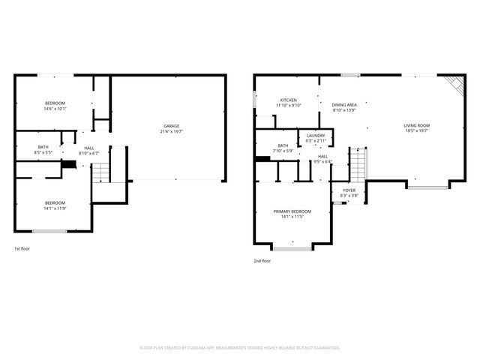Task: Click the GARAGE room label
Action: (172, 125)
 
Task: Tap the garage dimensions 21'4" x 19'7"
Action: (172, 131)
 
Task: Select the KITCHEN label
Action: (289, 100)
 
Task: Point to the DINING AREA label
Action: (343, 104)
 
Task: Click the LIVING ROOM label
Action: (417, 125)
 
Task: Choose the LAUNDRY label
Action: (316, 135)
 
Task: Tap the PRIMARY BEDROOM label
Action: (292, 211)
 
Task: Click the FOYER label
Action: (349, 190)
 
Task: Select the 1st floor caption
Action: (22, 248)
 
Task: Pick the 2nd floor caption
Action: (262, 261)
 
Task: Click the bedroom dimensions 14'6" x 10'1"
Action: (55, 109)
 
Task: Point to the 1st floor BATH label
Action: (43, 147)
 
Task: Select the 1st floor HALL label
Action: (88, 148)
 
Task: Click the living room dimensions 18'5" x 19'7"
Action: (417, 131)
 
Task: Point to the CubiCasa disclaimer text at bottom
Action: (240, 348)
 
